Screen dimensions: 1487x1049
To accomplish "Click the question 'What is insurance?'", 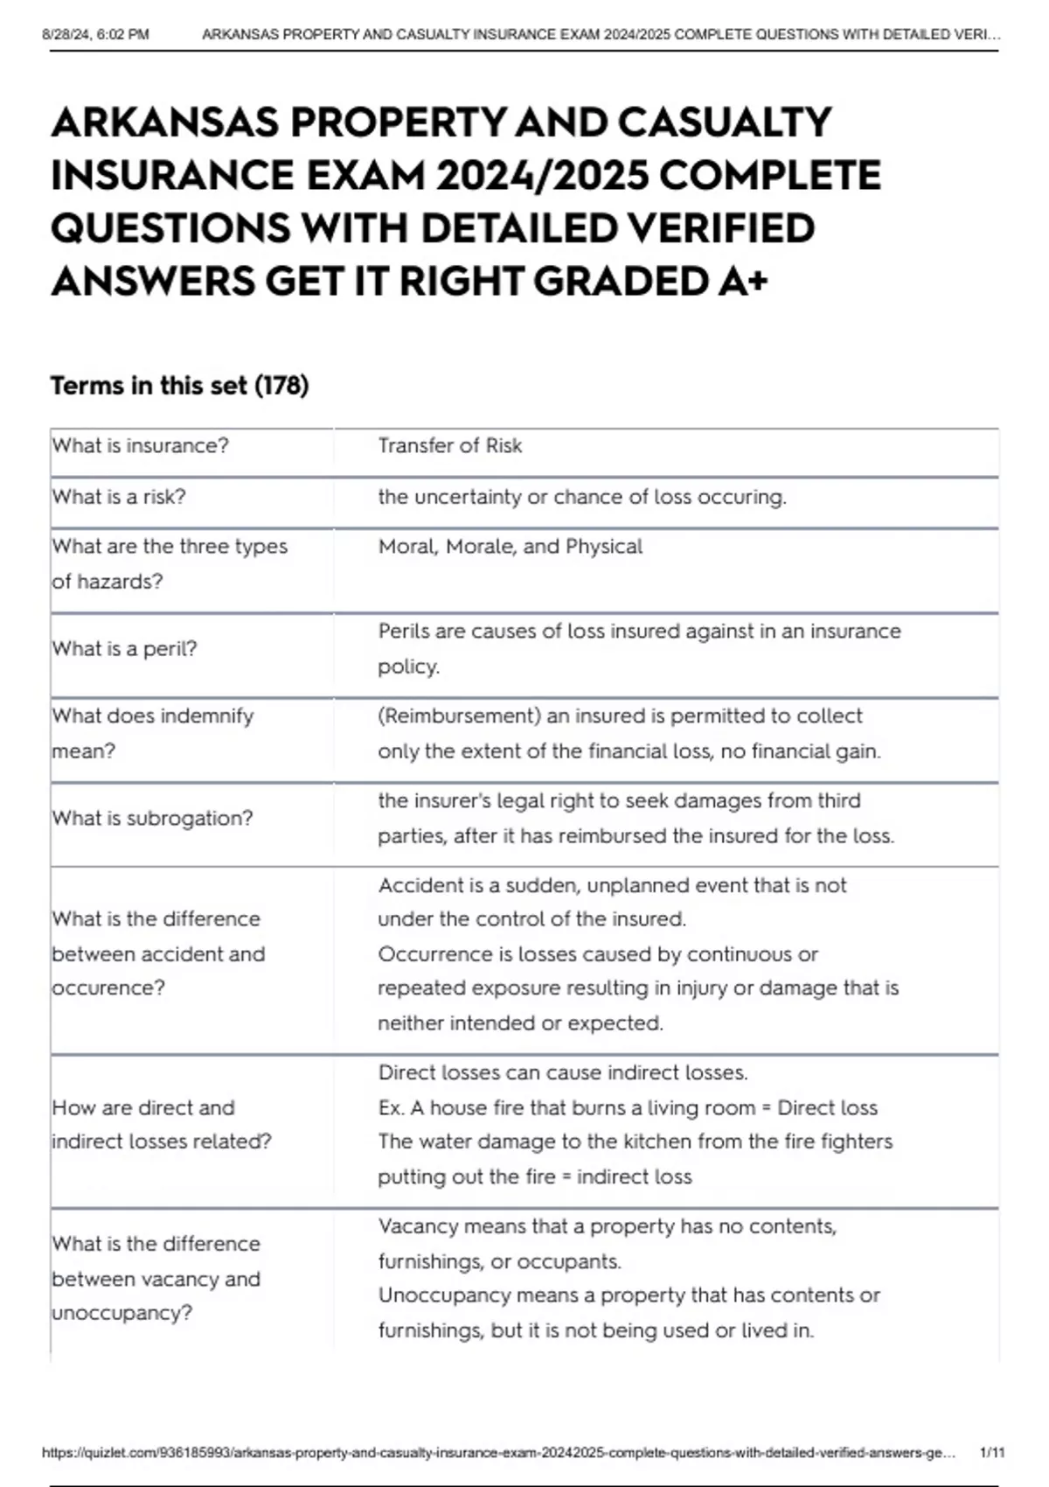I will pos(140,446).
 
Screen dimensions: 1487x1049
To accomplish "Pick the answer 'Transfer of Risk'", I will pos(449,446).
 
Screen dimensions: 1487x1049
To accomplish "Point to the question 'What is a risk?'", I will pos(119,497).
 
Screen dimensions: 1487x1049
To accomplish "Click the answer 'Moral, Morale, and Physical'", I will pos(510,547).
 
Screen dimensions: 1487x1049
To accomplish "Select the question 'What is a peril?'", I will pos(124,649).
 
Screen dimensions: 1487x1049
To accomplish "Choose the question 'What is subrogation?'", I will pos(152,819).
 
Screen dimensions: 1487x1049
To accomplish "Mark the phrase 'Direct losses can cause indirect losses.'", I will pos(562,1073).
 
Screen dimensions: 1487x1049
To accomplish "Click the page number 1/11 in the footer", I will pos(992,1453).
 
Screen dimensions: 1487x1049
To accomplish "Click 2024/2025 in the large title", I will pos(542,176).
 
